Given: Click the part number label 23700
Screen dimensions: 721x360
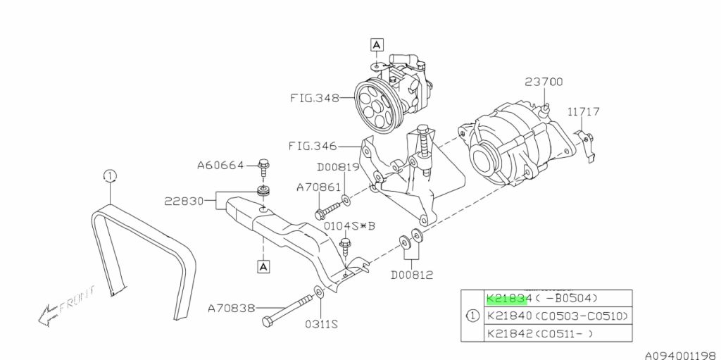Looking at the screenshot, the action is [544, 82].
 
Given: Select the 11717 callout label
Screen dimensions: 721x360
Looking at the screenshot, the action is [583, 111].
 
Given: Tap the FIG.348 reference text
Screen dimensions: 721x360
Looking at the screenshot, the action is [315, 98].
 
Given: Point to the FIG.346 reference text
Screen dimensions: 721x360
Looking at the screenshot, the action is [313, 147].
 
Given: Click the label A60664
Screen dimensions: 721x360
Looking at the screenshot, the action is [220, 165].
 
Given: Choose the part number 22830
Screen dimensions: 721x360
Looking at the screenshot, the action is [184, 201].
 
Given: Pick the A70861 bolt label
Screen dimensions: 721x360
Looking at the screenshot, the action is [319, 187].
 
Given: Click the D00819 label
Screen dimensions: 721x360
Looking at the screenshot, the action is [338, 167].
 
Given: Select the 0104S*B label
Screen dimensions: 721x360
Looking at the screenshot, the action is [350, 226].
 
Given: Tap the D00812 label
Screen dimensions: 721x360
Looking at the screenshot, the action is [412, 275].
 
